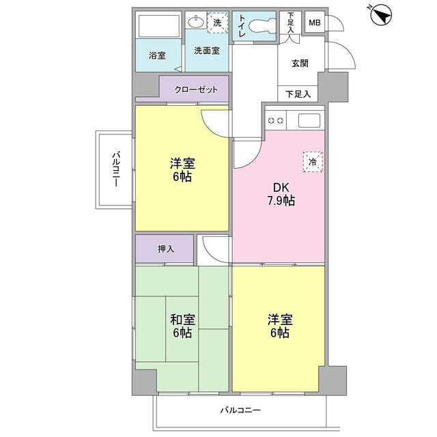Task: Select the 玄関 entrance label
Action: tap(300, 63)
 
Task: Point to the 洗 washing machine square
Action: tap(218, 23)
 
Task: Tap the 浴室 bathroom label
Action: tap(157, 55)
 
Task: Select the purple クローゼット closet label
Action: tap(196, 89)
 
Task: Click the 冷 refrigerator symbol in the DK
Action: tap(313, 163)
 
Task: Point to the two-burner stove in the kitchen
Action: tap(276, 121)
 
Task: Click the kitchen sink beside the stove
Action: tap(309, 121)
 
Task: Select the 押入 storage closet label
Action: tap(165, 249)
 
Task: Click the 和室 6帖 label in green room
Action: tap(182, 325)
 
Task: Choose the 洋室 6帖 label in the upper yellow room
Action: tap(182, 170)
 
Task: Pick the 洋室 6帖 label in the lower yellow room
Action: tap(279, 325)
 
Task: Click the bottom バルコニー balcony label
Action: tap(240, 410)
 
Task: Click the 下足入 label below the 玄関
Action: tap(297, 94)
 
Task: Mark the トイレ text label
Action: tap(242, 27)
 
